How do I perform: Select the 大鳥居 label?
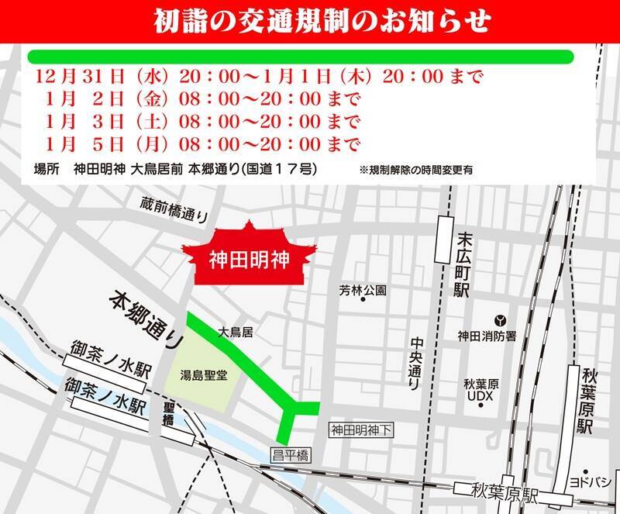(x=236, y=332)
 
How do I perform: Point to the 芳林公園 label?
(x=362, y=291)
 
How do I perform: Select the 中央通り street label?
(x=415, y=364)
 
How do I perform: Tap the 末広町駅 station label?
(x=463, y=264)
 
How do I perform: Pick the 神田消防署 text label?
(x=484, y=336)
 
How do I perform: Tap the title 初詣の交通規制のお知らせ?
(x=310, y=19)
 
